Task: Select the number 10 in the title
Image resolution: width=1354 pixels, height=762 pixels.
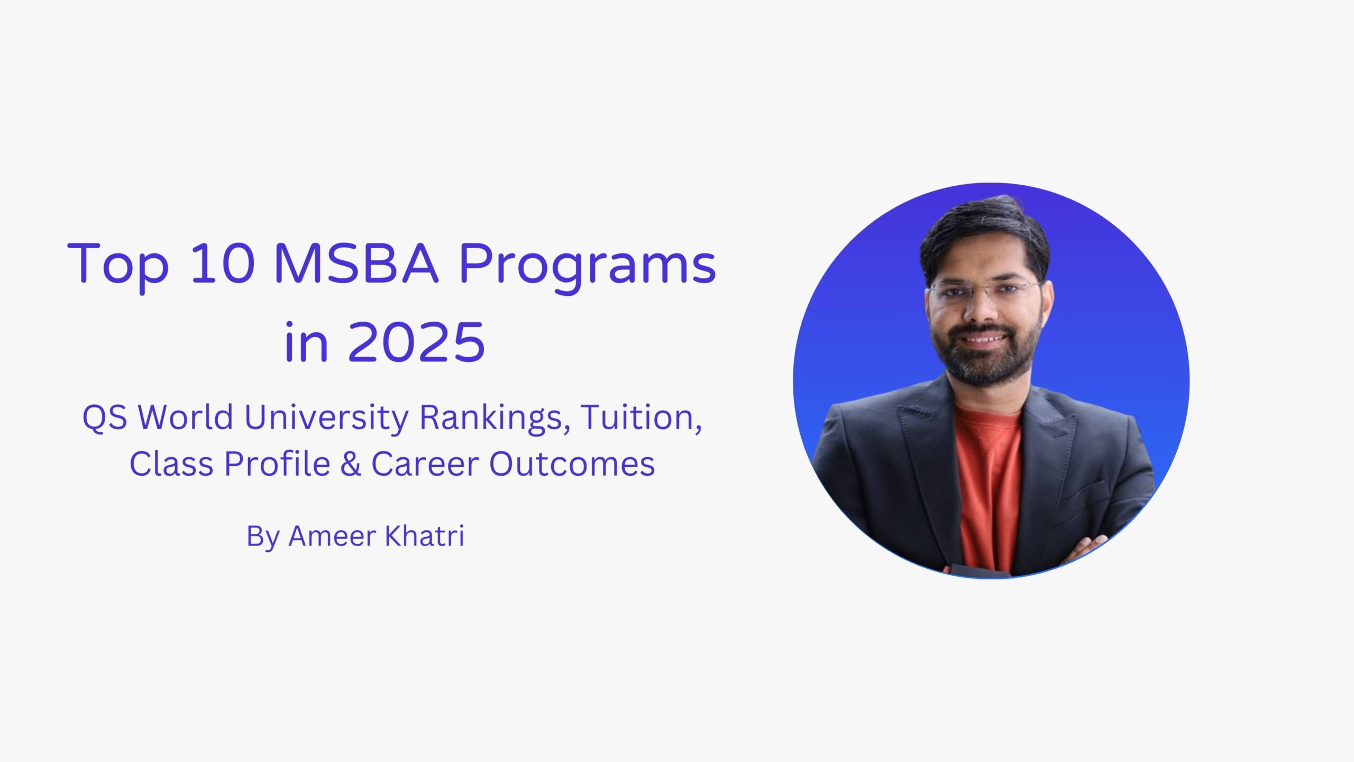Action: point(222,264)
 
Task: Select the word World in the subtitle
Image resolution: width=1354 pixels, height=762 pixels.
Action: point(185,417)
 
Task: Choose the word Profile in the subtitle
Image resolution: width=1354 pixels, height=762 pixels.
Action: point(278,464)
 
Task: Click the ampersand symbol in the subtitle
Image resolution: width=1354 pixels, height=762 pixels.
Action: point(351,464)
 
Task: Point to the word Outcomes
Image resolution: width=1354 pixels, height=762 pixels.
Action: point(572,464)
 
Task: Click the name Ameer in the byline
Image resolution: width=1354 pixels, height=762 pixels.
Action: point(332,536)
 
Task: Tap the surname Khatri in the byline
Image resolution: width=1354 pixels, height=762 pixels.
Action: point(424,536)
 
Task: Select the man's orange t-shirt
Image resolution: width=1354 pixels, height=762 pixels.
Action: point(988,476)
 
